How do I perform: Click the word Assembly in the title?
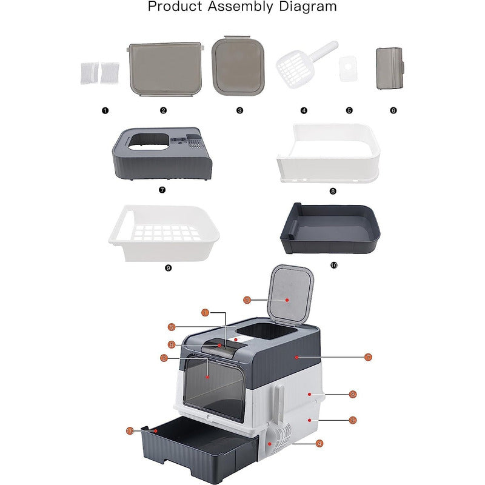click(x=240, y=7)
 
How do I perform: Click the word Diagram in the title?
click(x=308, y=6)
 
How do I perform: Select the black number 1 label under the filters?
click(x=105, y=110)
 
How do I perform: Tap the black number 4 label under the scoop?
click(x=304, y=110)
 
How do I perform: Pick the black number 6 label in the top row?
click(x=393, y=110)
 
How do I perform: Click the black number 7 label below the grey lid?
click(x=162, y=190)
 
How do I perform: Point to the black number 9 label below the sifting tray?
click(x=169, y=268)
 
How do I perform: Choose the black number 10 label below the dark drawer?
click(x=334, y=266)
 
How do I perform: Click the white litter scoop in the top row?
click(x=306, y=64)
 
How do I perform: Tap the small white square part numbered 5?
click(x=348, y=69)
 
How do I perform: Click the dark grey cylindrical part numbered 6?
click(x=390, y=69)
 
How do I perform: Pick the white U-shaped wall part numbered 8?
click(x=328, y=153)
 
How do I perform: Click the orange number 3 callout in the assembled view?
click(x=247, y=299)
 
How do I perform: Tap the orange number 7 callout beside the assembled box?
click(x=368, y=357)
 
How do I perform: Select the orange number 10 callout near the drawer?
click(x=130, y=431)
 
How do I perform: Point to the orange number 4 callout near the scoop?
click(x=319, y=444)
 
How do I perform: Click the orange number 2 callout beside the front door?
click(x=164, y=358)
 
